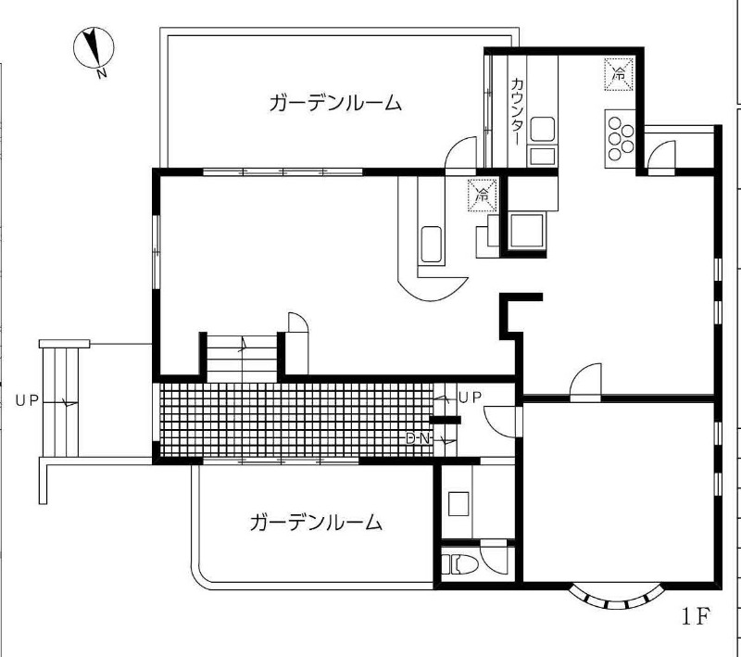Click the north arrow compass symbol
tap(94, 47)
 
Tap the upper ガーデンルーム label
tap(335, 103)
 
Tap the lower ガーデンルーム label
tap(316, 523)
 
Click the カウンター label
tap(518, 111)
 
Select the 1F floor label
tap(697, 615)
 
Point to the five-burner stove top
tap(620, 138)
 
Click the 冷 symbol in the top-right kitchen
tap(619, 74)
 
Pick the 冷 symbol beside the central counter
tap(483, 195)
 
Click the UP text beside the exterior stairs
tap(27, 401)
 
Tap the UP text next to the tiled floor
tap(470, 398)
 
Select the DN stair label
tap(419, 438)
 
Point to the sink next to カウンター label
tap(542, 129)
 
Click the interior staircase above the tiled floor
tap(242, 359)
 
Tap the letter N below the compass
tap(101, 73)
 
